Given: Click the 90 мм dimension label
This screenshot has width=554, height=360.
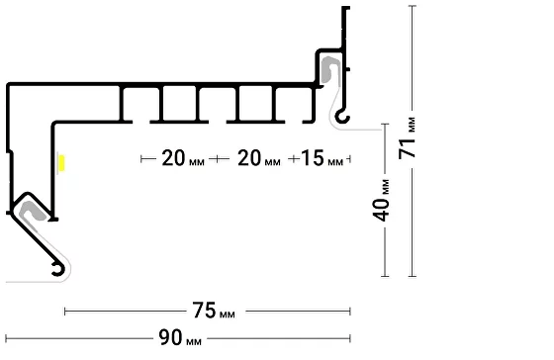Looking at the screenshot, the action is (180, 337).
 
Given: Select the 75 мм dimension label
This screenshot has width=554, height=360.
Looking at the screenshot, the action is (214, 311).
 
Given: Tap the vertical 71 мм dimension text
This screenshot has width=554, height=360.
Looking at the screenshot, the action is (407, 138).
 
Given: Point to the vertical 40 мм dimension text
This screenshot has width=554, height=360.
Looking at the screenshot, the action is (382, 201).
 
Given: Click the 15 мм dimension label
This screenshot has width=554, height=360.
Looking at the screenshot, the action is (322, 158).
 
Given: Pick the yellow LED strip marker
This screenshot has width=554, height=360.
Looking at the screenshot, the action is (61, 163).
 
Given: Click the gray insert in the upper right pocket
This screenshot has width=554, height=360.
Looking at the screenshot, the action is (330, 69).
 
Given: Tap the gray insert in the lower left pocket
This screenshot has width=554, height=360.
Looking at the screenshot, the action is (32, 211).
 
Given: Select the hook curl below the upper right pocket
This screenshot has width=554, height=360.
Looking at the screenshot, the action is (342, 117).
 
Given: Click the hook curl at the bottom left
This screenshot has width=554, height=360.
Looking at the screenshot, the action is (58, 269).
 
